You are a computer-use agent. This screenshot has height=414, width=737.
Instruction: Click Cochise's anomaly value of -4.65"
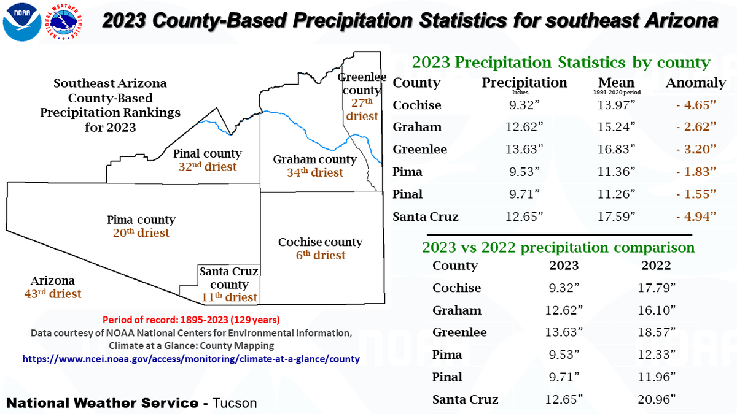[x=696, y=105]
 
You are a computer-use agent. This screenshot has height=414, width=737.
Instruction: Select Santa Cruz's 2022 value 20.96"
[x=655, y=399]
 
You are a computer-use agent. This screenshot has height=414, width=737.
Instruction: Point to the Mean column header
[x=616, y=83]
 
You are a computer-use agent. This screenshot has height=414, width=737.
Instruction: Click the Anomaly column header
[x=696, y=83]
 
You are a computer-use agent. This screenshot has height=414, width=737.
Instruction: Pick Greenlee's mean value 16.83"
[x=616, y=149]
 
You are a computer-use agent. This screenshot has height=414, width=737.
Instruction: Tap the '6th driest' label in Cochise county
[x=321, y=255]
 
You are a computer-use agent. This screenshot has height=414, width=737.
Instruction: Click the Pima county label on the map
[x=141, y=220]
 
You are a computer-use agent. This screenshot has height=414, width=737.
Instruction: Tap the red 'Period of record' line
[x=191, y=320]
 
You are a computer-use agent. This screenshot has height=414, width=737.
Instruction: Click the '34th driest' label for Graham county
[x=314, y=172]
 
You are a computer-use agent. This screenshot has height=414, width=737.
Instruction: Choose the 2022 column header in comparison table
[x=655, y=266]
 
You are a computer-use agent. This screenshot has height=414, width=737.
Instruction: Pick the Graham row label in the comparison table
[x=456, y=310]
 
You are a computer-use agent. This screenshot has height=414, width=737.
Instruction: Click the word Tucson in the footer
[x=235, y=403]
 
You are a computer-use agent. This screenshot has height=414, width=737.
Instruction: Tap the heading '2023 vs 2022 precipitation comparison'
[x=558, y=247]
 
